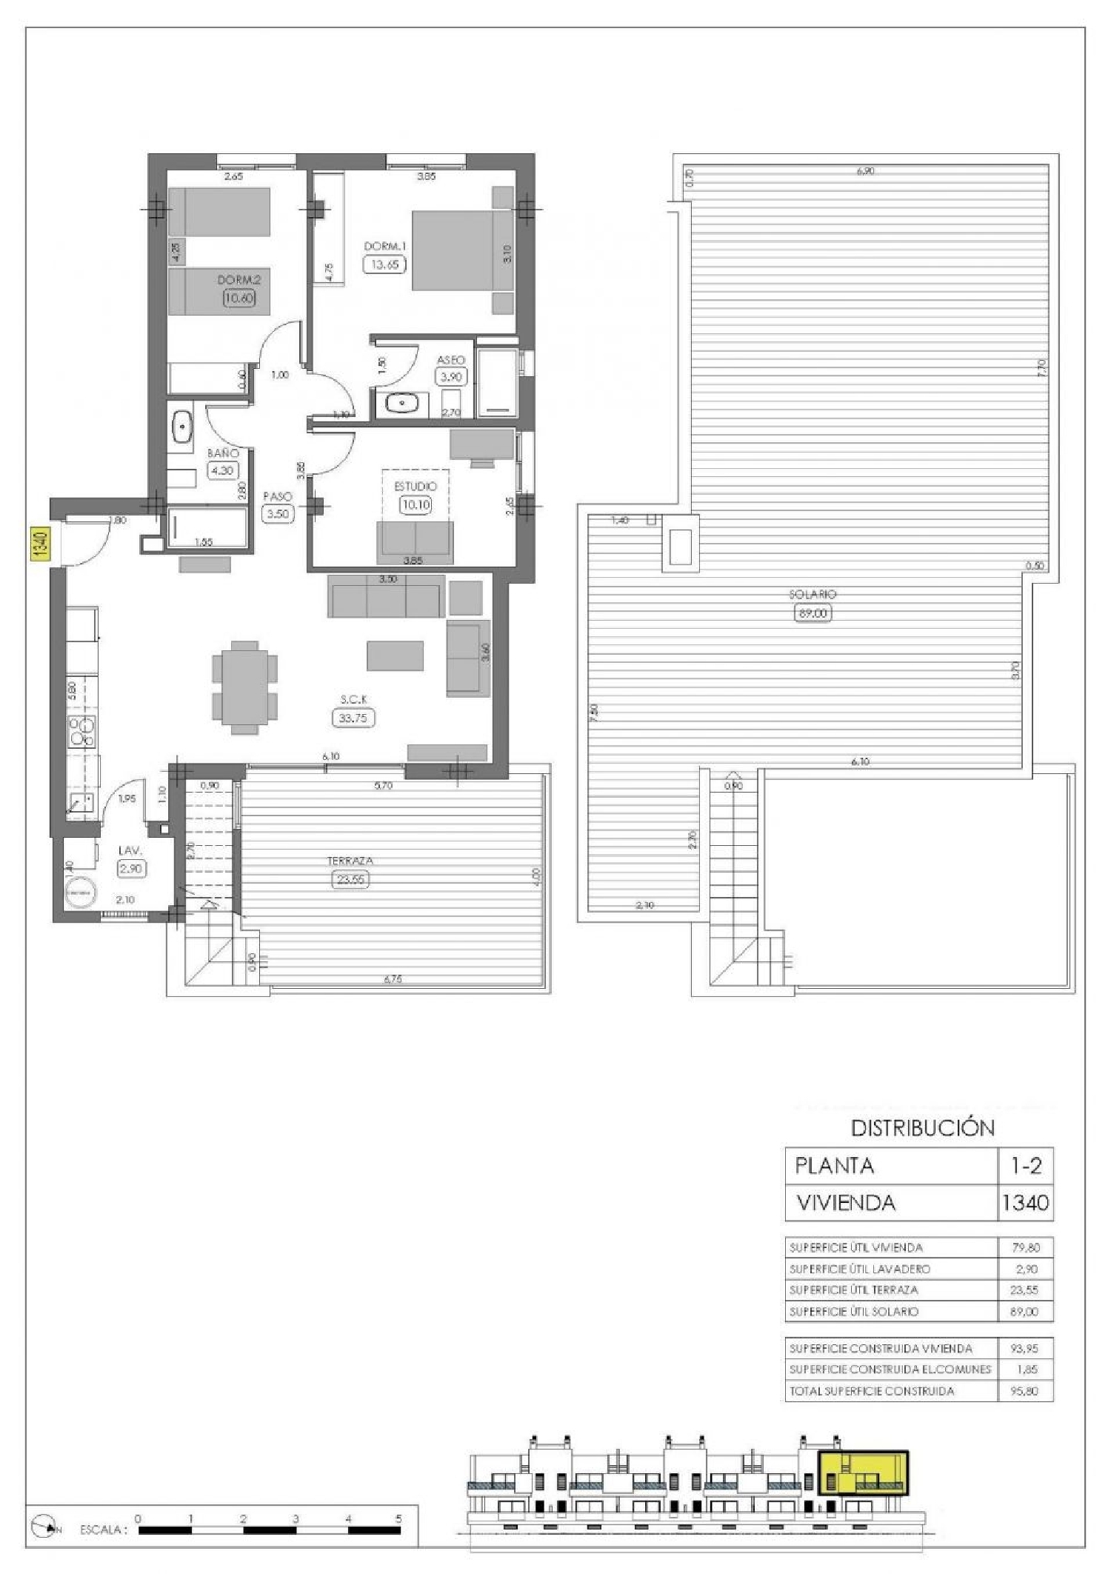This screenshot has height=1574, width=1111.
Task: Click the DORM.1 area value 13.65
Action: tap(384, 264)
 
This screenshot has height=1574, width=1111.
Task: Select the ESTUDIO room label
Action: tap(415, 487)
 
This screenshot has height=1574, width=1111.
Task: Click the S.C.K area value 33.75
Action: tap(353, 717)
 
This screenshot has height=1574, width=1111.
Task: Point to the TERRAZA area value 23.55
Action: tap(350, 880)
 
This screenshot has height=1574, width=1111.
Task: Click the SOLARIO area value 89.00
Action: tap(813, 613)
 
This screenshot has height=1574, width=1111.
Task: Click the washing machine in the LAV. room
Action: tap(79, 894)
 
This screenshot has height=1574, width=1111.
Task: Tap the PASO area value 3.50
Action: tap(278, 514)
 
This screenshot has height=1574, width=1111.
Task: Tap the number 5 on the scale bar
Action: tap(398, 1533)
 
